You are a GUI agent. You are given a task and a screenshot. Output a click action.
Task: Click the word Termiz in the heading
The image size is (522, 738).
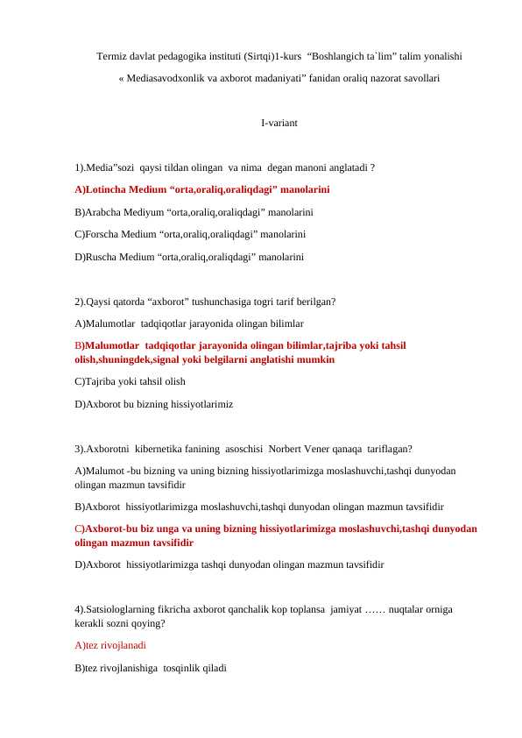coord(111,56)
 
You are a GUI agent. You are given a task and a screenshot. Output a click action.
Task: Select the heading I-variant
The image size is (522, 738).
coord(279,124)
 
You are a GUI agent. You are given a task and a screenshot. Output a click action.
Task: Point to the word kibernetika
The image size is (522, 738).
coord(173,450)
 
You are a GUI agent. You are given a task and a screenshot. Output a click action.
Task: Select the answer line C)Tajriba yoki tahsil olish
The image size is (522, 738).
coord(130,382)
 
